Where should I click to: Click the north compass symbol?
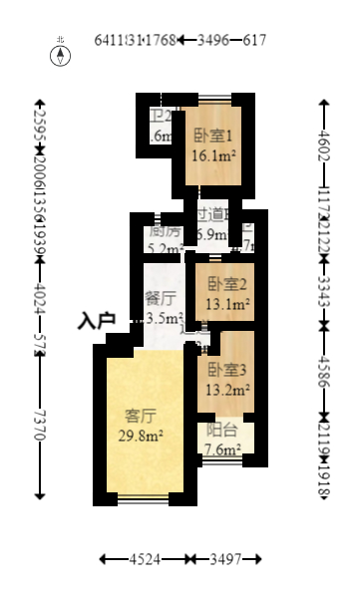point(62,52)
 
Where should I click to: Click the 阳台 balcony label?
point(220,432)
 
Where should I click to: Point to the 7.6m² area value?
point(220,449)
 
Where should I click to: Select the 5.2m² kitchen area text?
point(165,249)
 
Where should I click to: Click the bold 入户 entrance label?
point(98,321)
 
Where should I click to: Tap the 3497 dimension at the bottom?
point(226,561)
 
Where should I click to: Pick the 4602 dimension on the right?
point(323,139)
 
